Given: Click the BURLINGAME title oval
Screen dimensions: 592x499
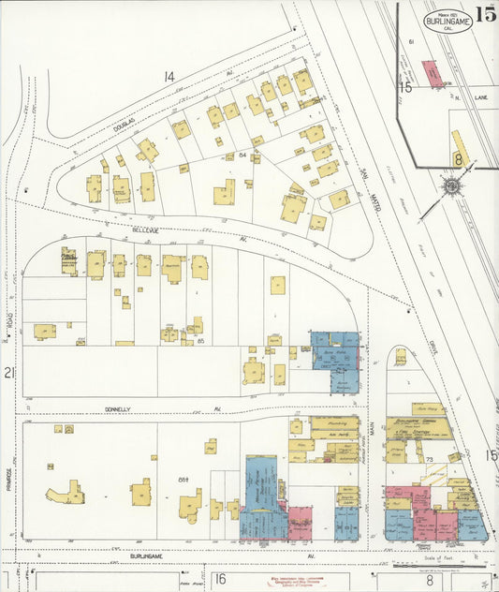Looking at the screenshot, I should pos(447,19).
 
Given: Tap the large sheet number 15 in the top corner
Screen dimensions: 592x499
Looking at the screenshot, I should pos(485,13).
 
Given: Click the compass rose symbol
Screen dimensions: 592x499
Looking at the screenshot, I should pos(450,186).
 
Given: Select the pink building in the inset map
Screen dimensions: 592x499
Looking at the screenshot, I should pos(432,74).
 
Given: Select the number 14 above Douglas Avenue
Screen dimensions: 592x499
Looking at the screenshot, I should pos(169,76).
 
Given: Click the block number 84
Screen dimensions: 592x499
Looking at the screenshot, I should pos(242,154).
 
